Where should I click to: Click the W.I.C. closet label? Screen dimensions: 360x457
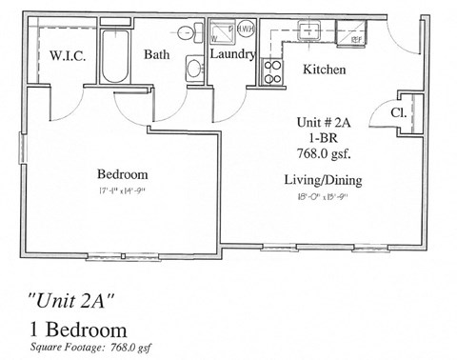(69, 56)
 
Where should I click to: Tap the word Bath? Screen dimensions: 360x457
(156, 54)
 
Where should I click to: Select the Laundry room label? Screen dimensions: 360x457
(232, 54)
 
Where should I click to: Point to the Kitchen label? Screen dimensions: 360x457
(324, 70)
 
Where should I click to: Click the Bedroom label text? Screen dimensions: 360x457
(123, 174)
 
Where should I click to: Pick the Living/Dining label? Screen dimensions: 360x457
(324, 180)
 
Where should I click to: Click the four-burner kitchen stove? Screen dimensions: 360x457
(271, 70)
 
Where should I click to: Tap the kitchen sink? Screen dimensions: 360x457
(311, 31)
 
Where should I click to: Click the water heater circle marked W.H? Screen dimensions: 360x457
(243, 30)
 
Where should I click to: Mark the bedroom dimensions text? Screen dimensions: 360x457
(123, 192)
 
